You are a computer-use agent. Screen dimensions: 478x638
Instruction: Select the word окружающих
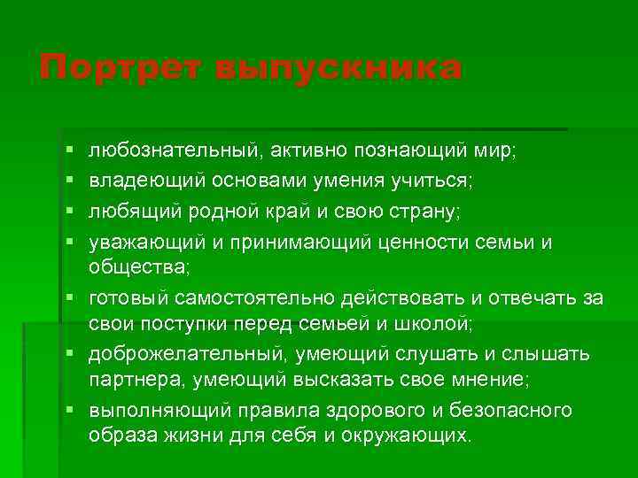pos(415,436)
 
